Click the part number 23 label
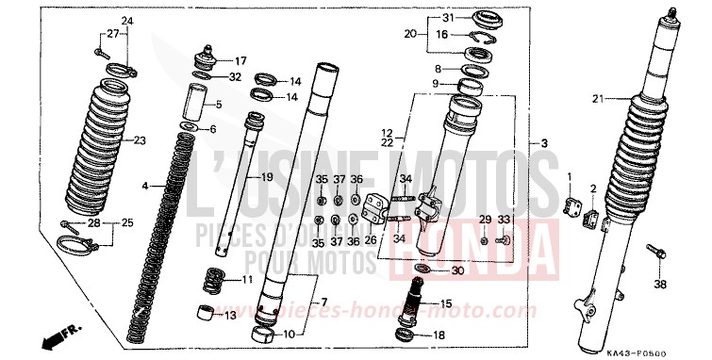[x=140, y=141]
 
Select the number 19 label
[x=267, y=177]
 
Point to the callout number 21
[x=596, y=99]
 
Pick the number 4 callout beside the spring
[x=146, y=188]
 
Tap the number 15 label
[x=446, y=303]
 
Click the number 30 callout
[x=456, y=271]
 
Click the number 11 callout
[x=246, y=281]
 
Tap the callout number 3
[x=544, y=143]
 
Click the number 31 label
[x=448, y=18]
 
